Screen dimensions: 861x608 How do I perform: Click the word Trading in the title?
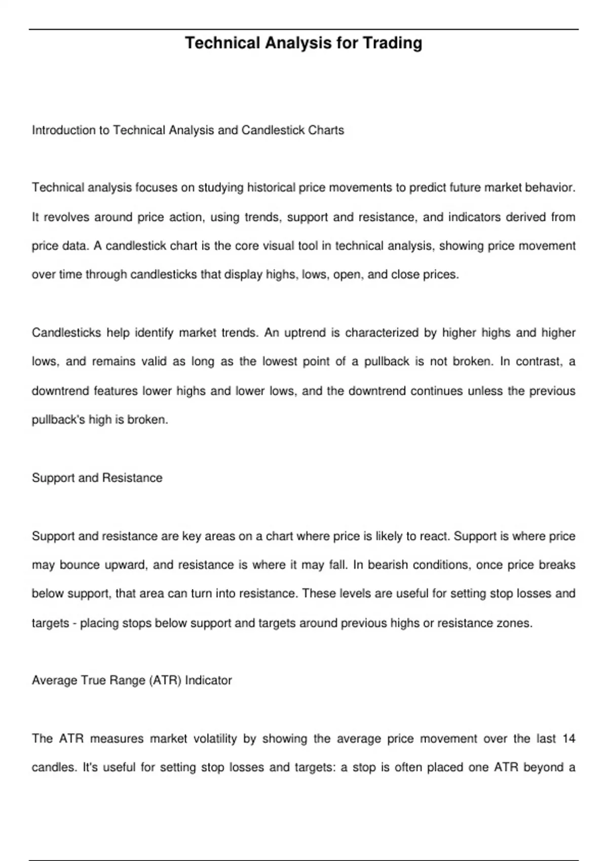pyautogui.click(x=392, y=43)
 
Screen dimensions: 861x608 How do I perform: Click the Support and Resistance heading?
pyautogui.click(x=97, y=478)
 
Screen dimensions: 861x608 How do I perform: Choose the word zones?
pyautogui.click(x=517, y=623)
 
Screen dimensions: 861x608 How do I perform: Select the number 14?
pyautogui.click(x=568, y=739)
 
